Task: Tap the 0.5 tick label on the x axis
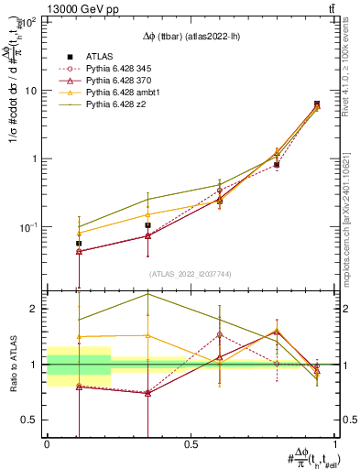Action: click(191, 444)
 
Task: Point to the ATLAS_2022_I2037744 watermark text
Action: click(191, 274)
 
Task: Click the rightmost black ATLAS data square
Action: click(317, 104)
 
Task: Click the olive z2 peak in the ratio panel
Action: click(147, 294)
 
